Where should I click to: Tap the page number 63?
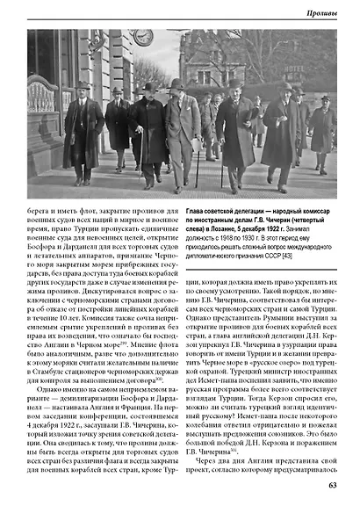[333, 482]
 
